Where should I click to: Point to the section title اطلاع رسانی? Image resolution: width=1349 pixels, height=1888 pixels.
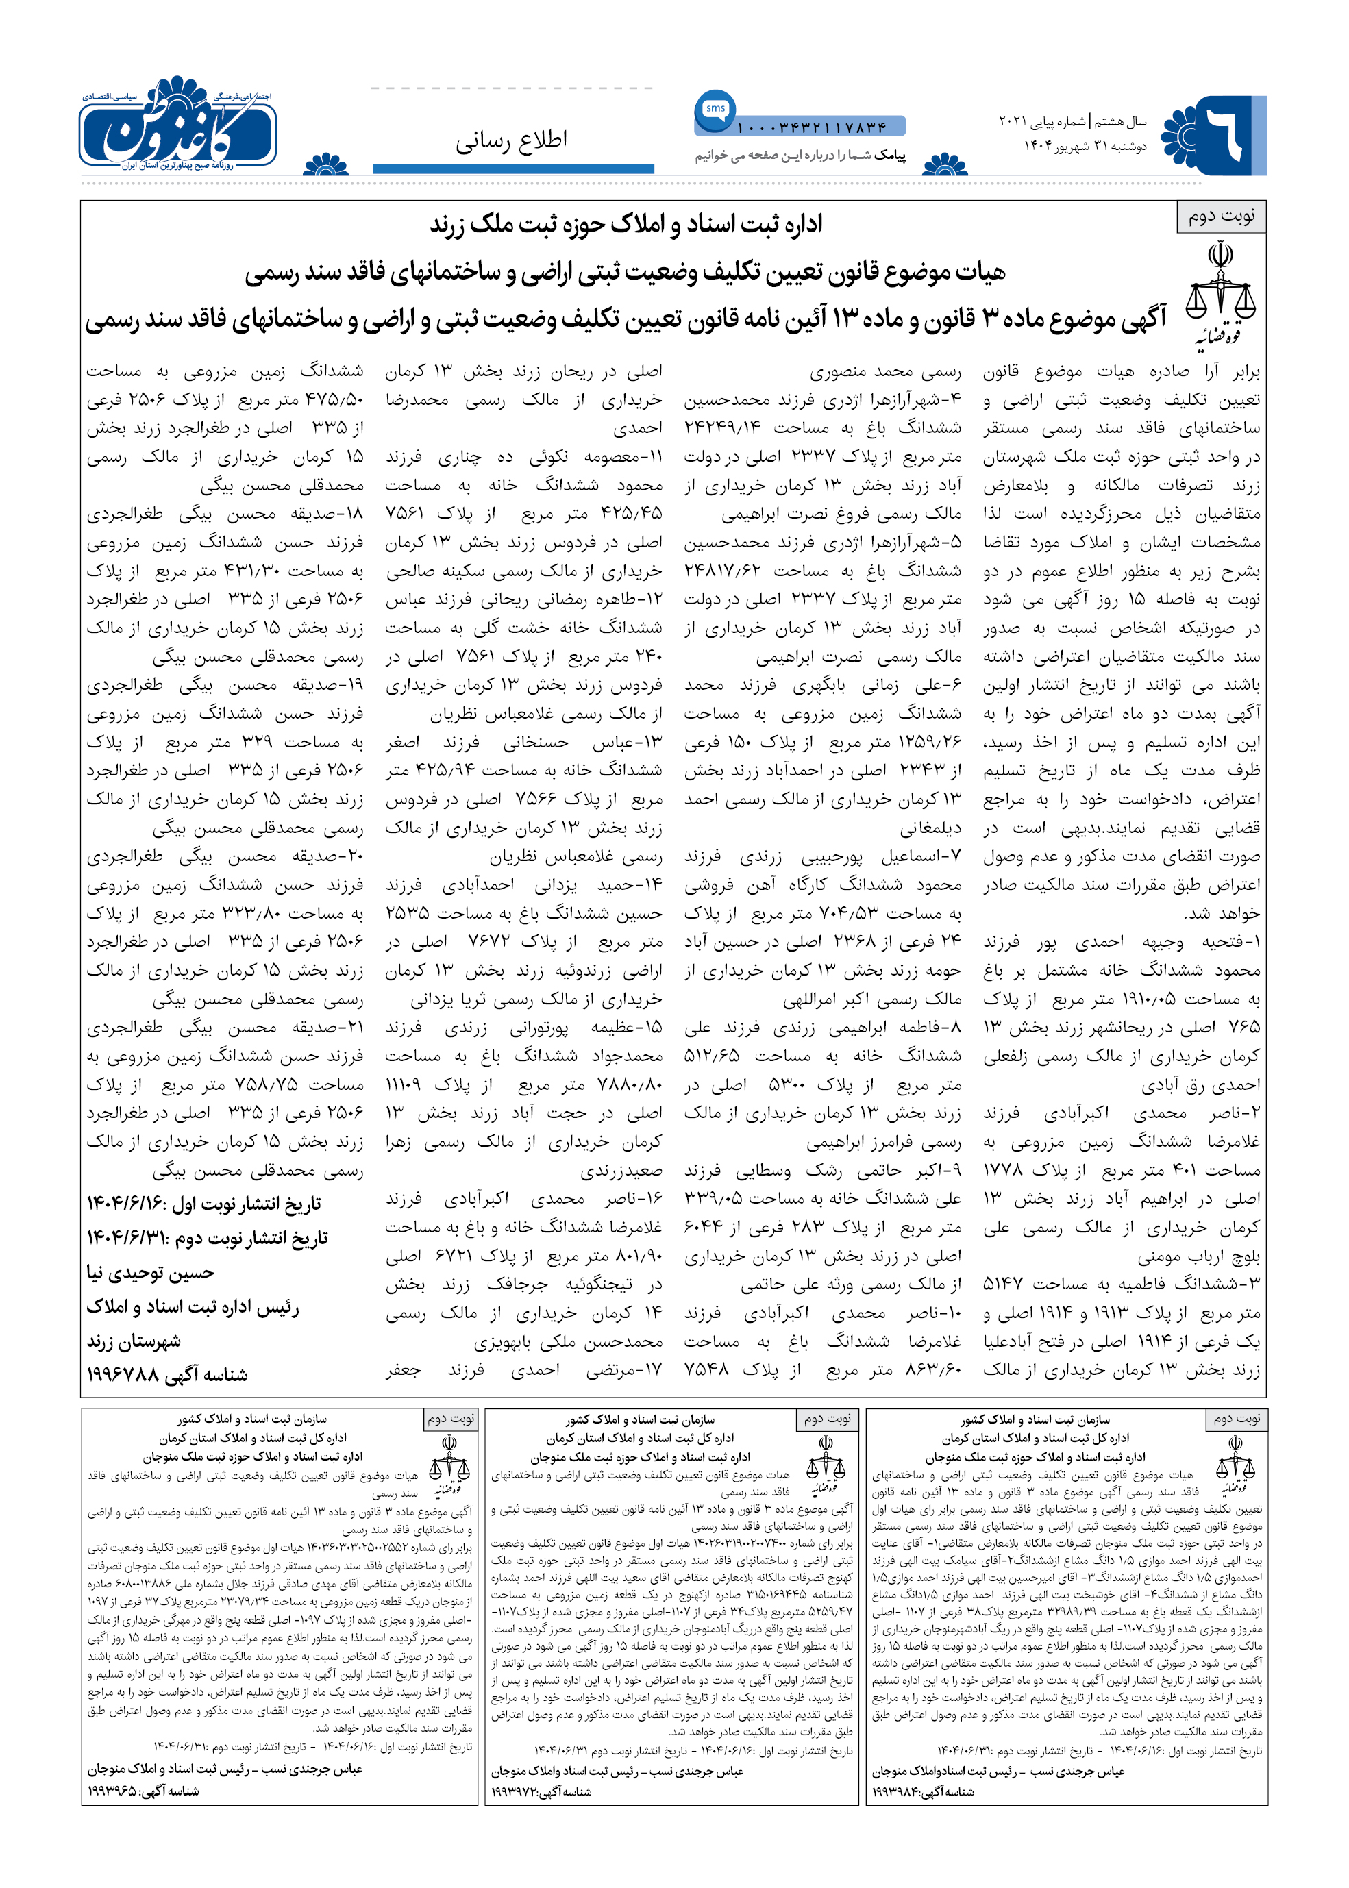(511, 140)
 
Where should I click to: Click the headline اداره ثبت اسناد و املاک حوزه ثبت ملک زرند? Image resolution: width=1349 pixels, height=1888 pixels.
(626, 224)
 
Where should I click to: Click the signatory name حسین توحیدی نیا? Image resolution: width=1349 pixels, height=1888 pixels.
(150, 1273)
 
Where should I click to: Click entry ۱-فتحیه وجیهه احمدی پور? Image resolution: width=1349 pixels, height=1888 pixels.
(1122, 941)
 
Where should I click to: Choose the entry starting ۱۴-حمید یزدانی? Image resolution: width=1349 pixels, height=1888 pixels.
(524, 884)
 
